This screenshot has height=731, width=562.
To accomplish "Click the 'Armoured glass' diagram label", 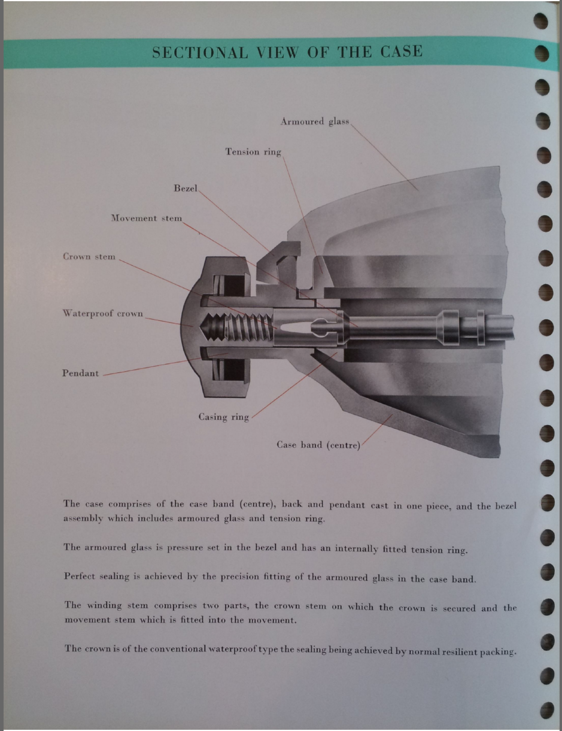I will point(315,122).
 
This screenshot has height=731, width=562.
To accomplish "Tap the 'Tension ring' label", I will point(253,152).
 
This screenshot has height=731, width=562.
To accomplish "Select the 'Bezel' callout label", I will point(186,188).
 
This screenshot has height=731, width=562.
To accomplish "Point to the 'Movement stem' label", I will point(147,218).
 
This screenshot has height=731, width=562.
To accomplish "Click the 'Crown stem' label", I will point(89,257).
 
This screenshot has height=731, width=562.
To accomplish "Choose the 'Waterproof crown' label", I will point(103,313).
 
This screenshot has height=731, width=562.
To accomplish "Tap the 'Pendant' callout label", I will point(80,373).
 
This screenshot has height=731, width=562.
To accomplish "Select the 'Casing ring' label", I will point(224,417).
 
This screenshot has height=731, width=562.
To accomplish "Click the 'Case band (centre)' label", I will point(318,445).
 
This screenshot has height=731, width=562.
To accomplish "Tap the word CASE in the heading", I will point(401,51).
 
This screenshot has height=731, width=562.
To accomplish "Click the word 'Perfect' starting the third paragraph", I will point(79,577).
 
